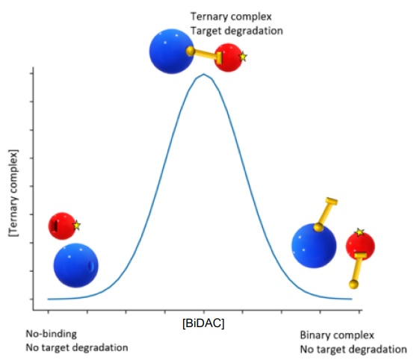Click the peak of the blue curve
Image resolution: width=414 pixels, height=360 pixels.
pyautogui.click(x=203, y=74)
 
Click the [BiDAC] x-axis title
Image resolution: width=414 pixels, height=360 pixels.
pyautogui.click(x=203, y=323)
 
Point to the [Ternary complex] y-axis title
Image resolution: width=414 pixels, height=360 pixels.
pyautogui.click(x=13, y=193)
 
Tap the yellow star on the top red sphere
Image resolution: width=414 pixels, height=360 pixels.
pyautogui.click(x=243, y=57)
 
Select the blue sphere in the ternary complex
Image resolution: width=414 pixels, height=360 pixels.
pyautogui.click(x=171, y=52)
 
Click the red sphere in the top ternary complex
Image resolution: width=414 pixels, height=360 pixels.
pyautogui.click(x=229, y=58)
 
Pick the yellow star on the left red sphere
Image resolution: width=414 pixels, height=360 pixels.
pyautogui.click(x=76, y=225)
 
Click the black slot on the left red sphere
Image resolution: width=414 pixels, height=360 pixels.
pyautogui.click(x=55, y=226)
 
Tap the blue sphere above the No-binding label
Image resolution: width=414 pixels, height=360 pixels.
pyautogui.click(x=75, y=265)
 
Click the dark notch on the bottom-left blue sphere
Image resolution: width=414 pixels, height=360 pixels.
pyautogui.click(x=91, y=266)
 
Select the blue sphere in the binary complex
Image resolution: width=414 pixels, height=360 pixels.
pyautogui.click(x=314, y=246)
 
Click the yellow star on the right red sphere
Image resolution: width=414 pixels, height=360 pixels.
pyautogui.click(x=359, y=232)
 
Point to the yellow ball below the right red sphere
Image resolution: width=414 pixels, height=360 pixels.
pyautogui.click(x=353, y=285)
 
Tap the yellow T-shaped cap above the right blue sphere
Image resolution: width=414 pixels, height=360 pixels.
pyautogui.click(x=332, y=201)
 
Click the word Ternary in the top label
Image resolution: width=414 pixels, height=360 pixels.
pyautogui.click(x=206, y=16)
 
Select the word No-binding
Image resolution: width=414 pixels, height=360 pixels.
pyautogui.click(x=52, y=334)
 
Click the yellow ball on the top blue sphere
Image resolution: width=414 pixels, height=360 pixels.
pyautogui.click(x=190, y=51)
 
